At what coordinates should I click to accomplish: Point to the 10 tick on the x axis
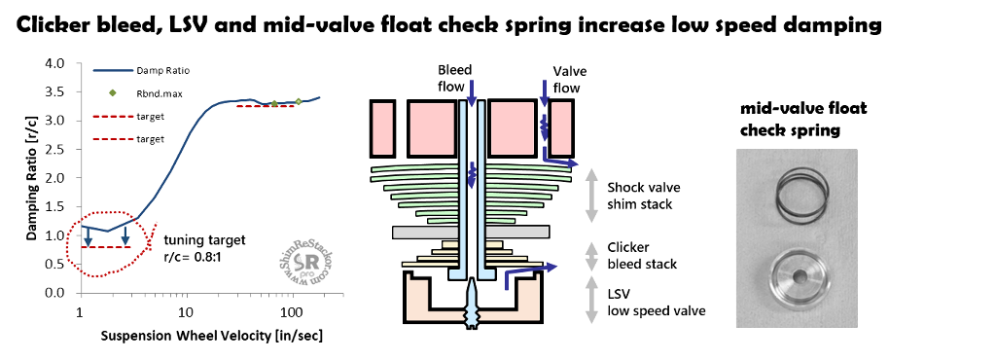[185, 312]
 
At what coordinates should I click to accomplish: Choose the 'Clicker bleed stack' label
[642, 255]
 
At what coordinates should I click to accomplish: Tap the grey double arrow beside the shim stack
[592, 196]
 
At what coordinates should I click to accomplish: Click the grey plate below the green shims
[471, 232]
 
